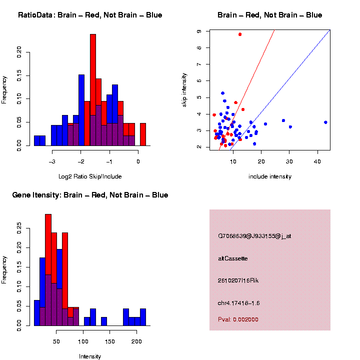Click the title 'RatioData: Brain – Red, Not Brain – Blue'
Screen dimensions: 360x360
[x=90, y=15]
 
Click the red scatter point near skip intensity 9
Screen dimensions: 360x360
[x=240, y=34]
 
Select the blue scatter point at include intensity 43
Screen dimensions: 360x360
[x=325, y=122]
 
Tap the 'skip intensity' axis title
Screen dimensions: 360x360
[x=184, y=89]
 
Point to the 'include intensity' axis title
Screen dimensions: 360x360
[x=270, y=176]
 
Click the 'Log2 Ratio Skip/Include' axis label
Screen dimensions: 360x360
[x=90, y=176]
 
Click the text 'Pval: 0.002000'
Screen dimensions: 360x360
[x=238, y=319]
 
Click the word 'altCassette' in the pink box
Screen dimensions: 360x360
[x=233, y=258]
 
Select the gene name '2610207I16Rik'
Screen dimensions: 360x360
[x=238, y=280]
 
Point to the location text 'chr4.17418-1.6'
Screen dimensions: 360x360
[x=239, y=303]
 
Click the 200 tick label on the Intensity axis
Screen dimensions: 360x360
[x=136, y=341]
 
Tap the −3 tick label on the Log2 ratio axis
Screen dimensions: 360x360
[x=51, y=161]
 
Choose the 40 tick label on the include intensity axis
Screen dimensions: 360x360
[x=317, y=161]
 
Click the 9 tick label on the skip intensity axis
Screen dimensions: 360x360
[x=199, y=31]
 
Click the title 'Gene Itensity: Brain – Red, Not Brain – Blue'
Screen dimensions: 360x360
[x=90, y=195]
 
